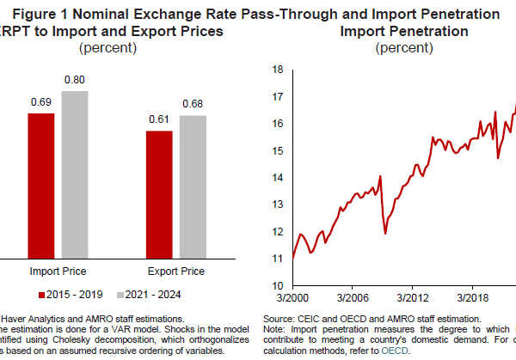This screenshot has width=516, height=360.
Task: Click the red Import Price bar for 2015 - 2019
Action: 40,185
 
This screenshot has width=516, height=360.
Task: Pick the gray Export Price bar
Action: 193,186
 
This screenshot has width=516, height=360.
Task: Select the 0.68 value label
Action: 193,105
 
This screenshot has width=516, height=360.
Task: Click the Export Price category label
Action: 176,272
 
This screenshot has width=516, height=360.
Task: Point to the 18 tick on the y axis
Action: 279,70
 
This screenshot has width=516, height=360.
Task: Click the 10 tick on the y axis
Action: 279,285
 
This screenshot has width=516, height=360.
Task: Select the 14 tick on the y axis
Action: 279,178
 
